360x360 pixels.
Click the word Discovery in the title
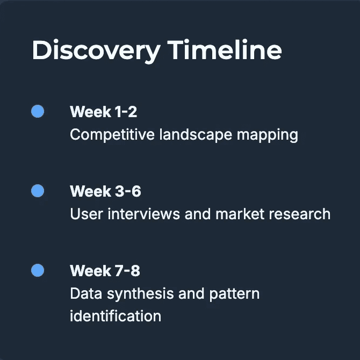[x=96, y=51]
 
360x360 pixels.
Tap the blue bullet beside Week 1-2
[x=38, y=111]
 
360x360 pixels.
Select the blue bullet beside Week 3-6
[x=38, y=191]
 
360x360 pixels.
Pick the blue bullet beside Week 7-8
[x=38, y=270]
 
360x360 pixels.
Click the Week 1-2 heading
[x=104, y=112]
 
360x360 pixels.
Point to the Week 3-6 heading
[x=105, y=191]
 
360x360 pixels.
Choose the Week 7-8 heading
[x=105, y=271]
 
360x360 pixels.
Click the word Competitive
[x=112, y=135]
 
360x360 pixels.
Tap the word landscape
[x=196, y=135]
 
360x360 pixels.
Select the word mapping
[x=268, y=135]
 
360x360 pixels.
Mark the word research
[x=300, y=214]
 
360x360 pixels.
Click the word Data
[x=86, y=293]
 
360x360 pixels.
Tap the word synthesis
[x=140, y=294]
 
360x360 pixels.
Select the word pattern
[x=234, y=294]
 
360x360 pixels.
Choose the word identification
[x=116, y=316]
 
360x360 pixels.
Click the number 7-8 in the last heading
[x=127, y=271]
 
